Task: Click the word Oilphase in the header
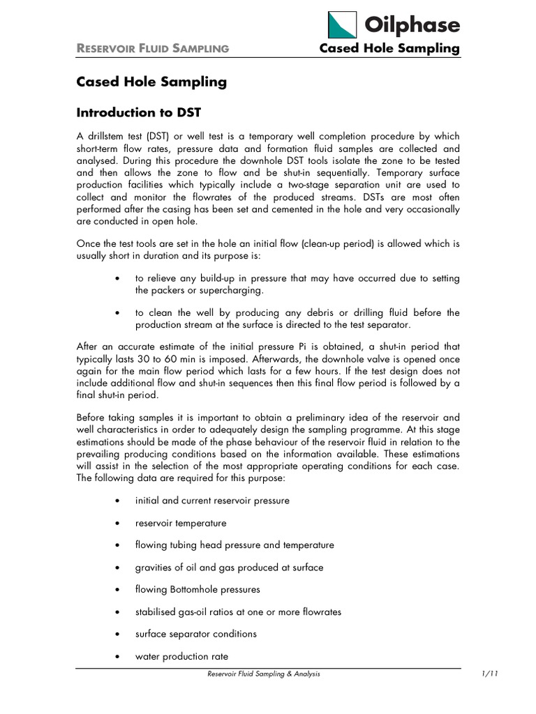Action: coord(412,25)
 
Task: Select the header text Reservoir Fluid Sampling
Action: coord(153,48)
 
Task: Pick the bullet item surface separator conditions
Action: coord(196,634)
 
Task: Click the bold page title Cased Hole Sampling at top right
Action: coord(389,48)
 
